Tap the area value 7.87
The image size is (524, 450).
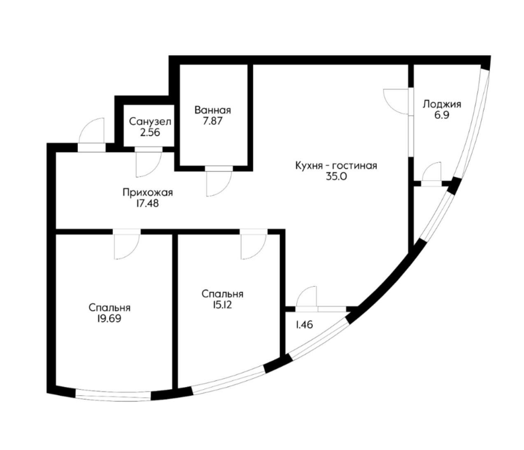coord(212,121)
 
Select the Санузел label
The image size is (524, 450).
coord(150,122)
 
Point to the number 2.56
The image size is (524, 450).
coord(150,133)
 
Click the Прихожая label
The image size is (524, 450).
coord(148,192)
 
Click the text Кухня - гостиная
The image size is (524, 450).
coord(336,166)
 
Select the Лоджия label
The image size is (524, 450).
coord(442,104)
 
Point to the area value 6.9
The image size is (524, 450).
coord(442,115)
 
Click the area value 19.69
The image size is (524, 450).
coord(109,319)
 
